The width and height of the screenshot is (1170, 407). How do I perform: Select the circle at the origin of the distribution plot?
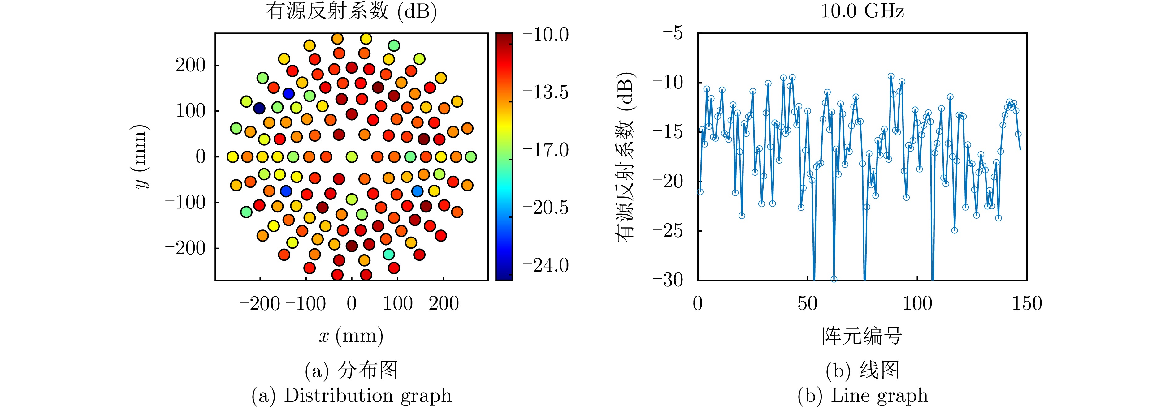coord(352,156)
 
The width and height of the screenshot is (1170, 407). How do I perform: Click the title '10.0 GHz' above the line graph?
coord(862,11)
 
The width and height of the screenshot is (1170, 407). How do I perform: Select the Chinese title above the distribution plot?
coord(351,11)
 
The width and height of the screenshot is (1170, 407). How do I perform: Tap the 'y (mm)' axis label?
coord(140,156)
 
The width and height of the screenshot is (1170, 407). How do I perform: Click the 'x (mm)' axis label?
coord(351,336)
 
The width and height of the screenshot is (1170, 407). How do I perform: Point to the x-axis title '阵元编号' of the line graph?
coord(862,336)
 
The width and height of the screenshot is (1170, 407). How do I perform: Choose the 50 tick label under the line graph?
coord(808,303)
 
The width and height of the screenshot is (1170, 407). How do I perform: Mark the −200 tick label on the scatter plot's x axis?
coord(260,303)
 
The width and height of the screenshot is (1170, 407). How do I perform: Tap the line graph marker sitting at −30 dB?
coord(834,279)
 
